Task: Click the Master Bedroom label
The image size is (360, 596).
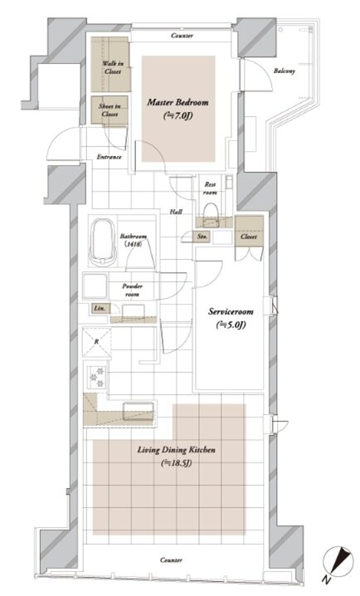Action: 178,102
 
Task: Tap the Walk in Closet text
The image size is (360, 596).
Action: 113,67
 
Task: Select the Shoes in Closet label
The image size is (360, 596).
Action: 109,110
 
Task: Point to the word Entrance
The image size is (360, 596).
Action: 109,157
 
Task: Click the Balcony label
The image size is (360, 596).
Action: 285,71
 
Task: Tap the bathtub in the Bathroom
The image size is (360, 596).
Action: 103,242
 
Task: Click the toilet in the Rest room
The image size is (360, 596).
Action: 212,213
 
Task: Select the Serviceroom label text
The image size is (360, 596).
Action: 231,311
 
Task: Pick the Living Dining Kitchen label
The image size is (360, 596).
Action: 176,450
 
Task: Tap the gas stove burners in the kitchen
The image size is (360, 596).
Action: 96,377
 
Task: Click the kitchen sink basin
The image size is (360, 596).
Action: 139,411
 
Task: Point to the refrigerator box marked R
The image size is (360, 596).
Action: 97,342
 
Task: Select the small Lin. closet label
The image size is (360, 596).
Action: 100,308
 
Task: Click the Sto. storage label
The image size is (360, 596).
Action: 202,237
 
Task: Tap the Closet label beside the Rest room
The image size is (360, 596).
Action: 249,237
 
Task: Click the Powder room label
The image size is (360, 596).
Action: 132,290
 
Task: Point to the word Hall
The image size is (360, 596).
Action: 176,212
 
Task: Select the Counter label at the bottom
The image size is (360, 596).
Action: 171,559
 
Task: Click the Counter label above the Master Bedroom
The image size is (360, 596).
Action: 182,36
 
